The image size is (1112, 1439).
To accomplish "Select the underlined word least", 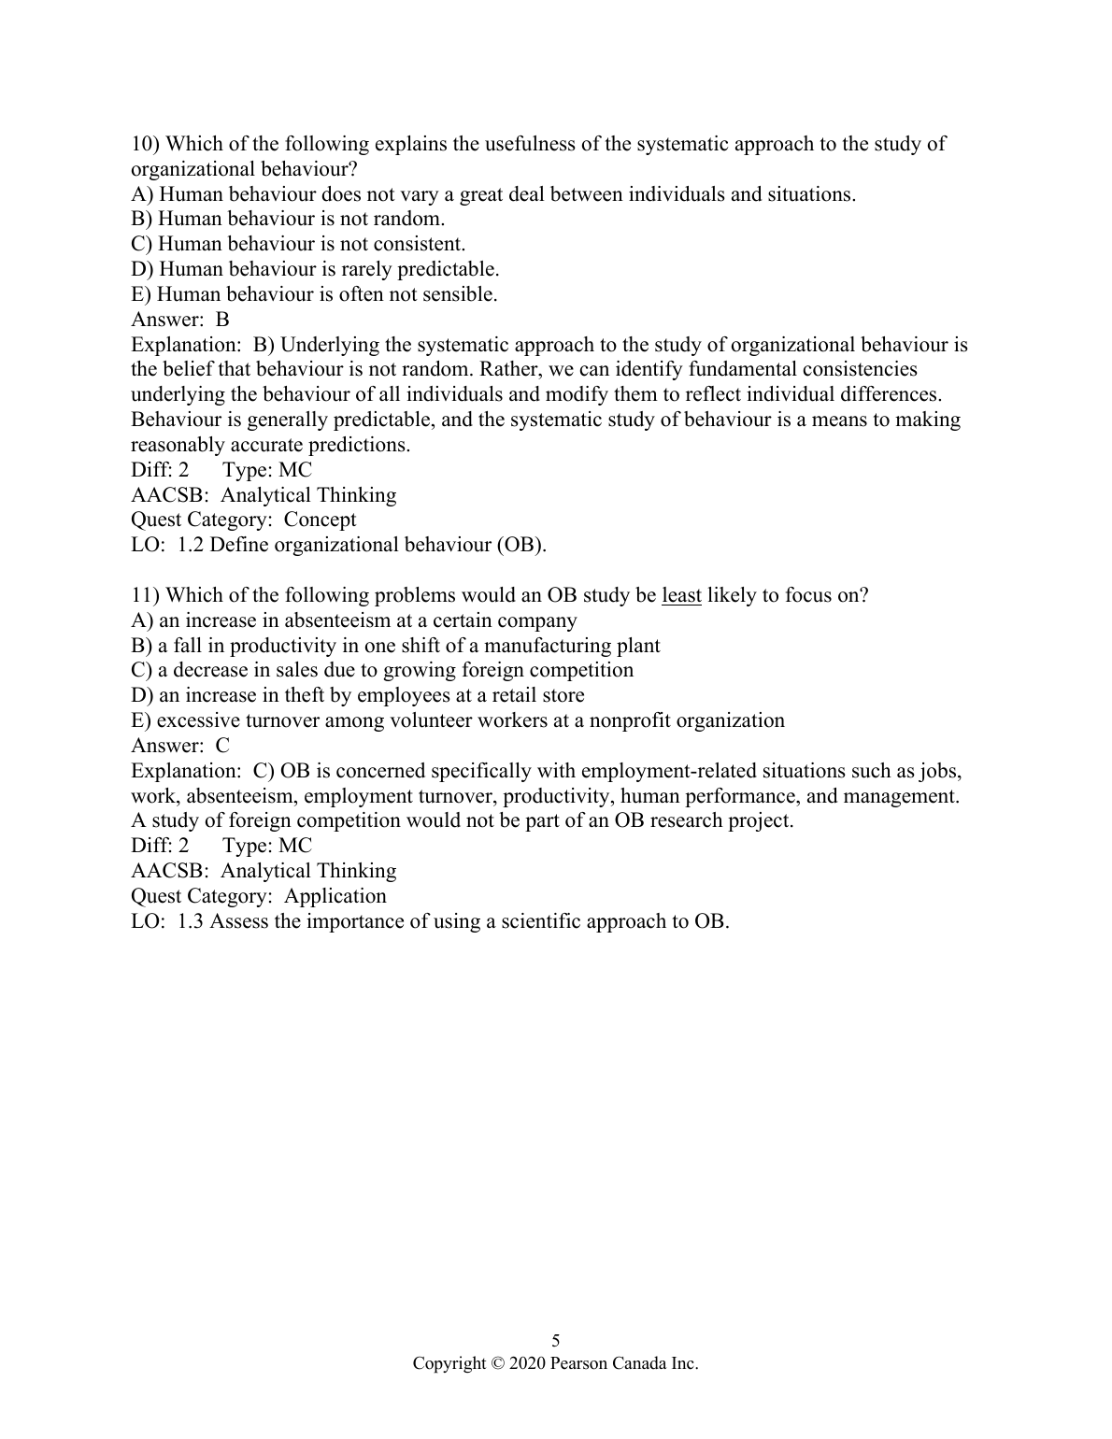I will (681, 595).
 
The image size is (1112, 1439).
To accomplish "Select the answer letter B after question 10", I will (222, 320).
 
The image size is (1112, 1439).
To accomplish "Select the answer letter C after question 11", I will (222, 746).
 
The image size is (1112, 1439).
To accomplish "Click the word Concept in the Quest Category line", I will (320, 520).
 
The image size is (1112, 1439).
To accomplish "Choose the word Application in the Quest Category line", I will (335, 896).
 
